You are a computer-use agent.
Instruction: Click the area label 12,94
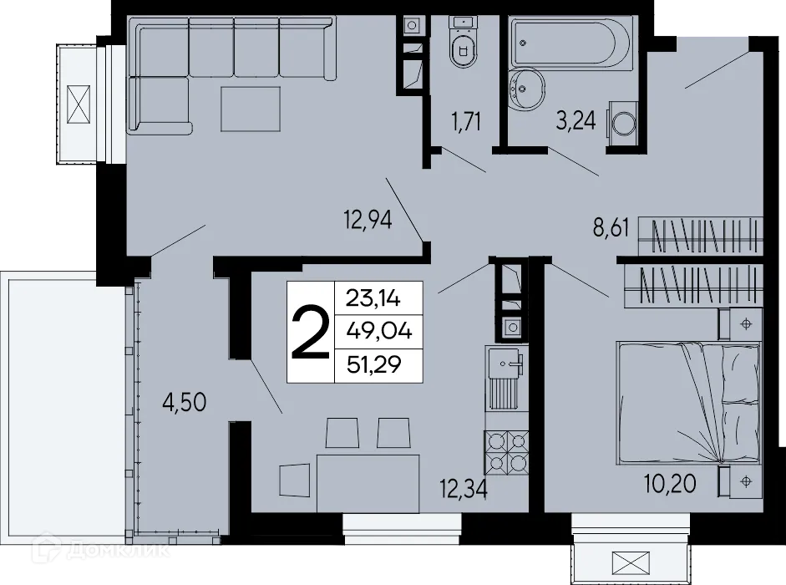point(368,222)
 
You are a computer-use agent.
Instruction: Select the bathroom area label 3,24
point(576,122)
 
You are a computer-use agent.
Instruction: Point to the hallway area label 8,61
point(611,228)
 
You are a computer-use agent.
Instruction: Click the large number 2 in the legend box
point(309,333)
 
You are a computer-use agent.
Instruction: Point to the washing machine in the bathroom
point(623,125)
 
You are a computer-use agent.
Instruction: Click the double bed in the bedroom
point(688,401)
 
